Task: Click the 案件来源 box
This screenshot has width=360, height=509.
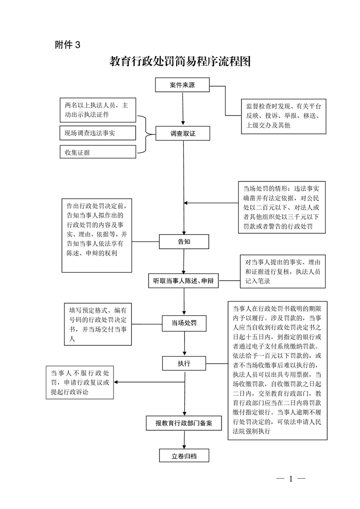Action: [x=182, y=85]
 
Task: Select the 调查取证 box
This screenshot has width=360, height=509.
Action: [x=183, y=133]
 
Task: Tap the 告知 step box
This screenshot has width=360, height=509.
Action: [x=184, y=242]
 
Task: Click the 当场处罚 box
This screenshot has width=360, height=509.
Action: [x=184, y=323]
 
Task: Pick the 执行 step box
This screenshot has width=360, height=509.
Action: [x=184, y=363]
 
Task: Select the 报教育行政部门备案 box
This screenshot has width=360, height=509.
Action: [x=184, y=423]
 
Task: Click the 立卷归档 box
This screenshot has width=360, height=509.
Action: [x=184, y=456]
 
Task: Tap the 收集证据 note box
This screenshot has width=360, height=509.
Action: [x=98, y=152]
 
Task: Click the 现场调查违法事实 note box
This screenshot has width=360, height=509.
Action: [x=98, y=133]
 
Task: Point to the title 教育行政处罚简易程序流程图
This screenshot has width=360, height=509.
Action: [x=180, y=61]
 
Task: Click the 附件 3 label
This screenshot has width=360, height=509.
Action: [x=68, y=44]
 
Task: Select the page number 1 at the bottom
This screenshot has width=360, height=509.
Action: [x=291, y=479]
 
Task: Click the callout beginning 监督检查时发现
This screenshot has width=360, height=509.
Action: [x=284, y=117]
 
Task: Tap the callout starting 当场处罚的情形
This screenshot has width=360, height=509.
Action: [x=282, y=207]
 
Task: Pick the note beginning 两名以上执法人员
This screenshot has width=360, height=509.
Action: [x=98, y=110]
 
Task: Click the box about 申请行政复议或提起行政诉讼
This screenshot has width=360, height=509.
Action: [x=80, y=382]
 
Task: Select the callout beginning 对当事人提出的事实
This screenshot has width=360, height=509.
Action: [x=283, y=271]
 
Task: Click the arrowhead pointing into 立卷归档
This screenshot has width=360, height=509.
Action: [x=184, y=447]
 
